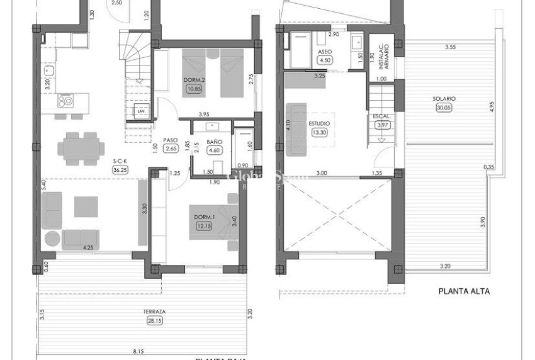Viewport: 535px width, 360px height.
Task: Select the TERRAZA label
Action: [x=154, y=312]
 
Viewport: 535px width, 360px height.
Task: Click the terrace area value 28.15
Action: [x=154, y=320]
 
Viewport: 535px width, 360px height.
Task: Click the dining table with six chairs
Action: [x=81, y=149]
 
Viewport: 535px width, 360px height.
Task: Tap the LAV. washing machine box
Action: [x=142, y=111]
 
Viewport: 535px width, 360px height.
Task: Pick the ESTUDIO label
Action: [x=319, y=123]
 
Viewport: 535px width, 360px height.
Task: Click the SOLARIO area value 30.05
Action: [x=444, y=108]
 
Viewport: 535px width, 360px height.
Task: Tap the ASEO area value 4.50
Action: [x=325, y=60]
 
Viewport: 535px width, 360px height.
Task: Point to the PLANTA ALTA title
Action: [x=464, y=291]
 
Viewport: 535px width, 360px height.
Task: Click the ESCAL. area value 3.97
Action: [x=382, y=125]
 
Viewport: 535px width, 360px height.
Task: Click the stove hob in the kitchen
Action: [x=65, y=100]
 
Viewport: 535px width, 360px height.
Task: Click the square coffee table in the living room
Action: [x=86, y=206]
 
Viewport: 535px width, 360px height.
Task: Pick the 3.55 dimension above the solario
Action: [x=449, y=47]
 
